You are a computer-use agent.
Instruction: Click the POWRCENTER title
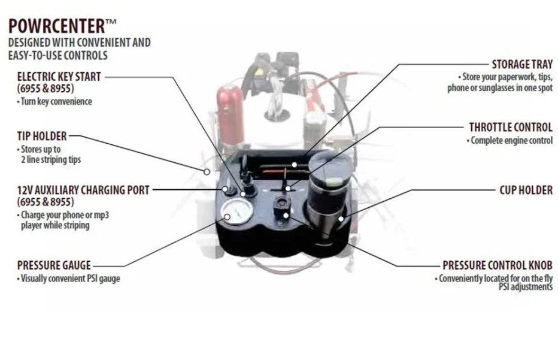coord(57,26)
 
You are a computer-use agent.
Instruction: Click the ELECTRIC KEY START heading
coord(59,77)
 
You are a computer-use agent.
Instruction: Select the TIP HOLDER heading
coord(42,136)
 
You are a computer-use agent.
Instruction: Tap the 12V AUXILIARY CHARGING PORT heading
coord(83,190)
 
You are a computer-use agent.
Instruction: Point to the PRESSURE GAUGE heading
coord(54,265)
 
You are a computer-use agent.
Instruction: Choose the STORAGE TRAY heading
coord(522,64)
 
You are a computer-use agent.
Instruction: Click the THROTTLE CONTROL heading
coord(511,127)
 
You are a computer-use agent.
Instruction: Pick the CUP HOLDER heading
coord(526,190)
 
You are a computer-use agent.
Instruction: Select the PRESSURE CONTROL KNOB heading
coord(497,265)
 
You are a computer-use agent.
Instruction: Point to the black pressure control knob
coord(280,204)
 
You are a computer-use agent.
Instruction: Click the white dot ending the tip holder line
coord(207,171)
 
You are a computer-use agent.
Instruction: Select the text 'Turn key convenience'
coord(54,102)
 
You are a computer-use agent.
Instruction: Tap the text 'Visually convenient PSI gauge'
coord(68,279)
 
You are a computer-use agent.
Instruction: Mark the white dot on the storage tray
coord(293,163)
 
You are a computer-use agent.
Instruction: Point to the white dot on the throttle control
coord(288,188)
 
